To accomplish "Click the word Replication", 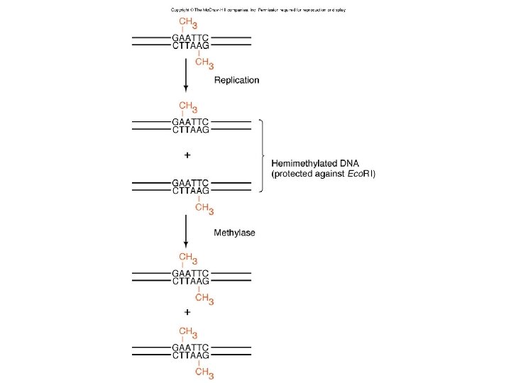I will coord(237,80).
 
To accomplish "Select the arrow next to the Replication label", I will coord(186,74).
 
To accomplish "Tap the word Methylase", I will coord(235,232).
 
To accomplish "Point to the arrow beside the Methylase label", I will coord(186,230).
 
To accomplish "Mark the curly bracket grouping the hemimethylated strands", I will coord(263,155).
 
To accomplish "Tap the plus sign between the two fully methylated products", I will coord(187,311).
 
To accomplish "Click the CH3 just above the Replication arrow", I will coord(204,63).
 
